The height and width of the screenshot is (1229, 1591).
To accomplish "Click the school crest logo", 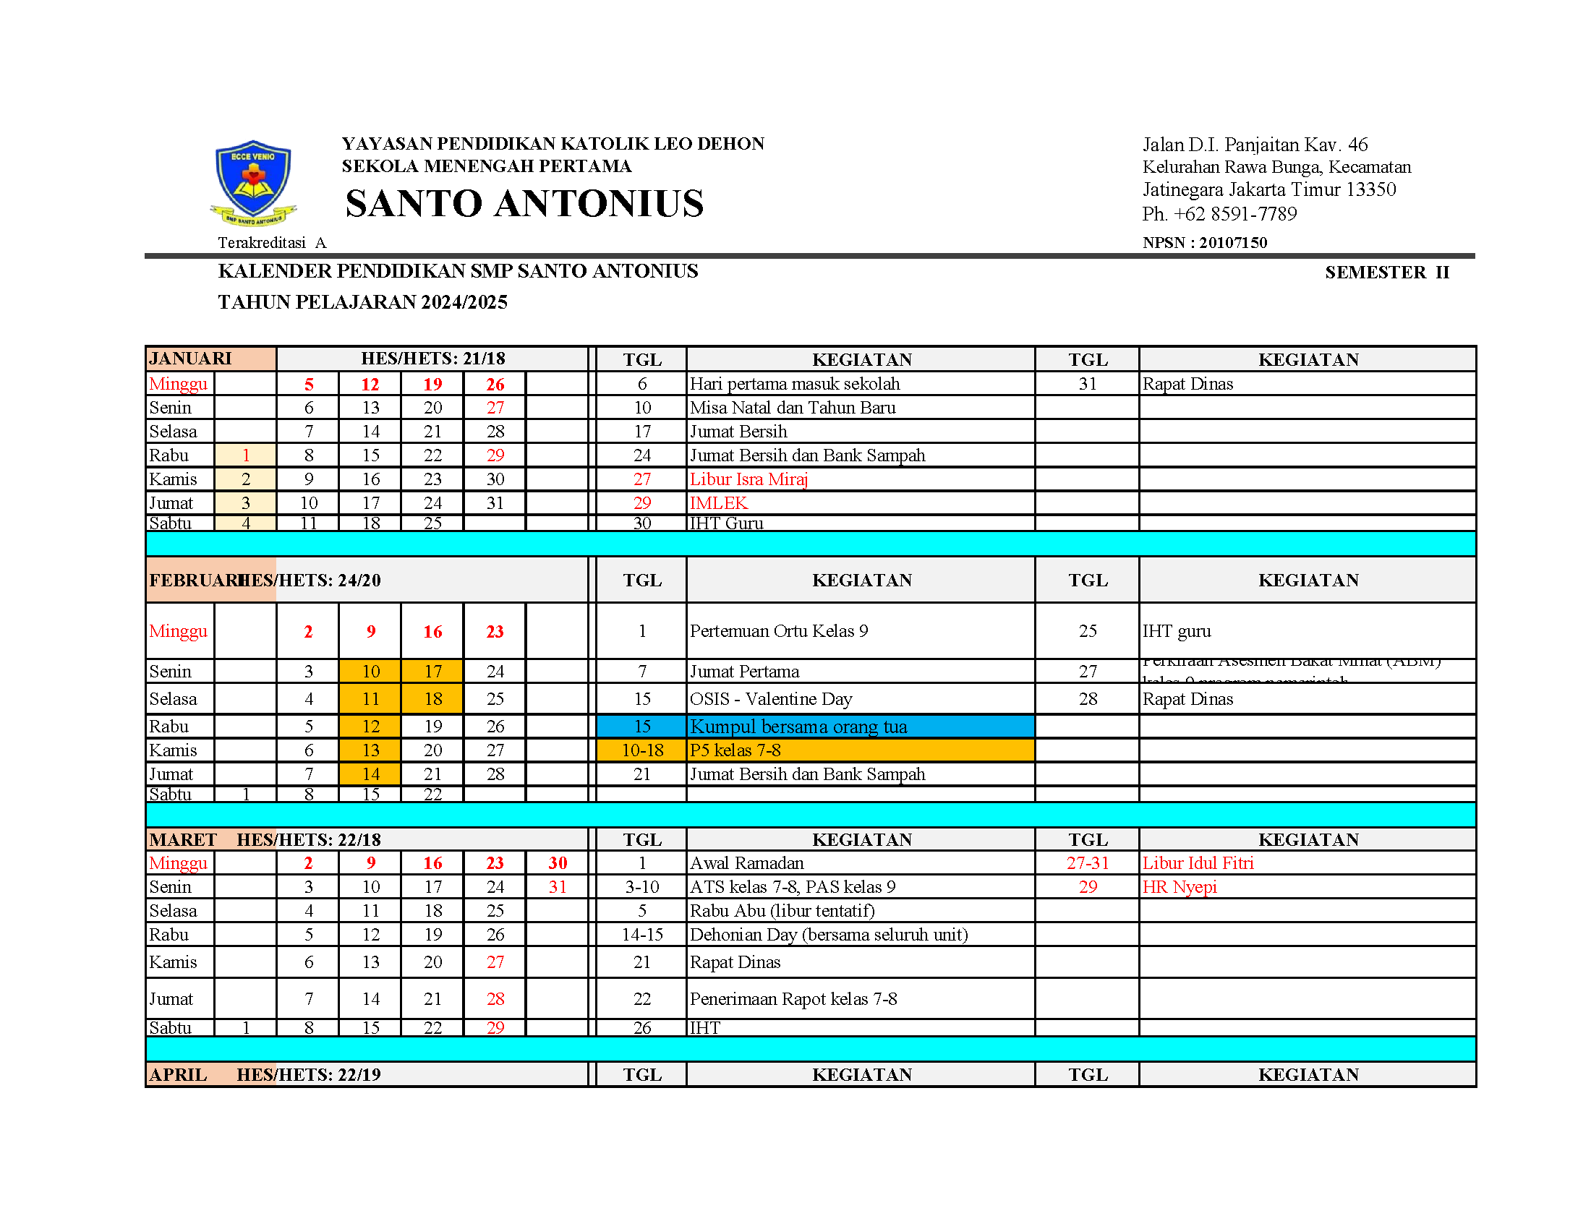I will pyautogui.click(x=253, y=182).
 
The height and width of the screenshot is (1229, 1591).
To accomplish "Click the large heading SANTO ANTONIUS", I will pyautogui.click(x=524, y=203).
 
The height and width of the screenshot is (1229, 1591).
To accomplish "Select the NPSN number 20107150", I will pyautogui.click(x=1232, y=242).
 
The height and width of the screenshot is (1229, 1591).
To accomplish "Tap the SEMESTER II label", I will pyautogui.click(x=1386, y=273).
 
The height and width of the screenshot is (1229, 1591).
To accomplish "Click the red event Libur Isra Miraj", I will pyautogui.click(x=748, y=479).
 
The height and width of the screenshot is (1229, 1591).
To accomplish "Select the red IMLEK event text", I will pyautogui.click(x=718, y=503).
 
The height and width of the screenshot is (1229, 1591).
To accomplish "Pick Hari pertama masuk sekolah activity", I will pyautogui.click(x=794, y=384).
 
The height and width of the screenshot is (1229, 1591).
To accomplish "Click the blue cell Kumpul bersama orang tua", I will pyautogui.click(x=798, y=727).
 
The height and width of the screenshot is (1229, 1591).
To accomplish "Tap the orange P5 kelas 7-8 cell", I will pyautogui.click(x=735, y=750).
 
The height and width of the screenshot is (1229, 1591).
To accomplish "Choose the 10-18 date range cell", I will pyautogui.click(x=641, y=750).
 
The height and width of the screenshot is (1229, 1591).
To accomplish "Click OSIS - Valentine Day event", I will pyautogui.click(x=770, y=699).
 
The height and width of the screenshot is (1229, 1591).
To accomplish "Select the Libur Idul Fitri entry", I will pyautogui.click(x=1198, y=862).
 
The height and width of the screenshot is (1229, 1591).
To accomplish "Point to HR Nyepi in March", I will pyautogui.click(x=1180, y=887).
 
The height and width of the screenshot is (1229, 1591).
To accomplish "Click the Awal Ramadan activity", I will pyautogui.click(x=746, y=862).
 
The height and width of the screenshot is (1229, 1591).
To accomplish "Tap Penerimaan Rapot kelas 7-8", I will pyautogui.click(x=793, y=999).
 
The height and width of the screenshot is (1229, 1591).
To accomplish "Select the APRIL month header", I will pyautogui.click(x=179, y=1074).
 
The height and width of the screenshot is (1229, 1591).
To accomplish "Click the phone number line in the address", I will pyautogui.click(x=1219, y=214).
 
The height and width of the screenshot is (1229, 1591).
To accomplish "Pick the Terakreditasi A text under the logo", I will pyautogui.click(x=272, y=243).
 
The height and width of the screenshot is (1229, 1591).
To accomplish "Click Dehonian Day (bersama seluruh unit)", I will pyautogui.click(x=828, y=935).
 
